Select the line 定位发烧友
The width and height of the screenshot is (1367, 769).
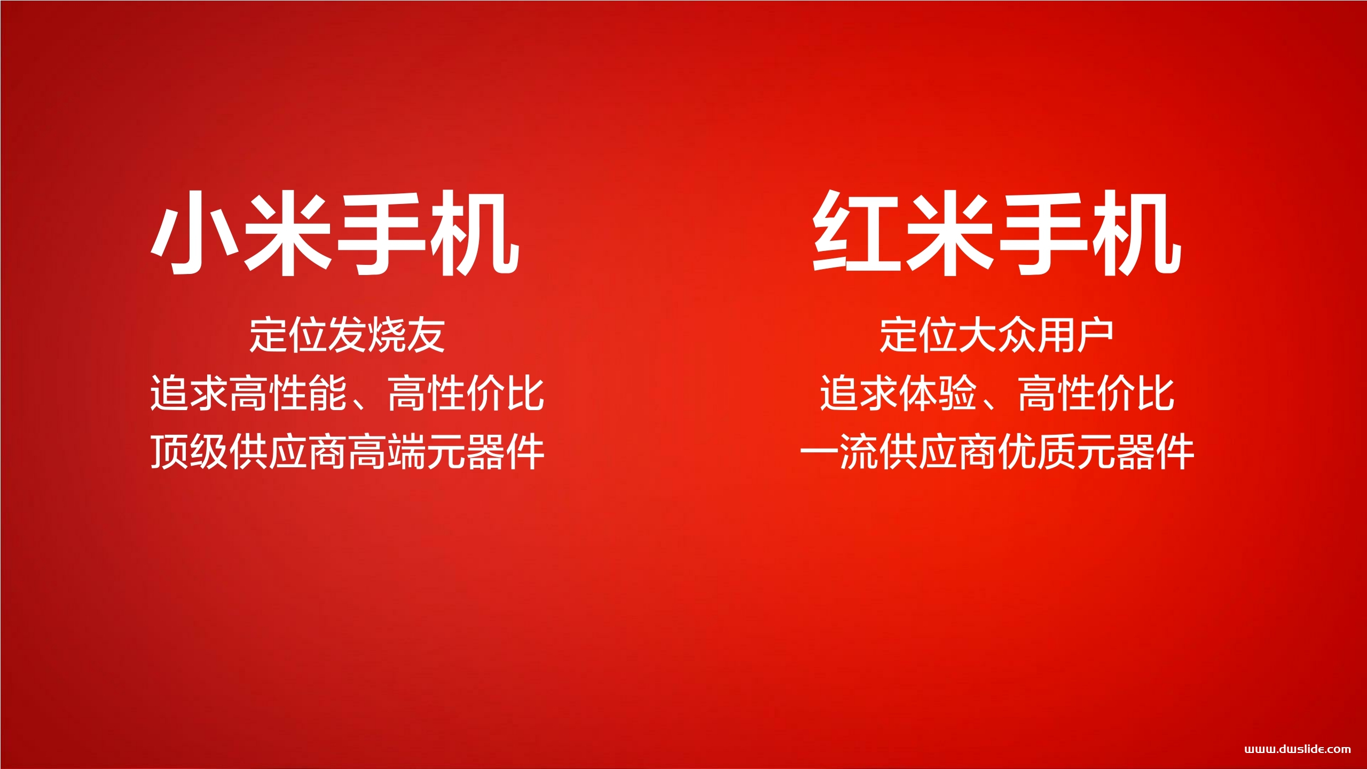[x=347, y=335]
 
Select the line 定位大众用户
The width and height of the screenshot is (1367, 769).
[x=996, y=335]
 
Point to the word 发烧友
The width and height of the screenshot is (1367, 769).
[x=387, y=335]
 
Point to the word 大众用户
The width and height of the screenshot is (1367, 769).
[x=1036, y=335]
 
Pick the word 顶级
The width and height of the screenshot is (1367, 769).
[x=190, y=452]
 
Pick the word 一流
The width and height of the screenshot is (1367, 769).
[x=839, y=452]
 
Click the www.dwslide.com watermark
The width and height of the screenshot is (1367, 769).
[x=1298, y=749]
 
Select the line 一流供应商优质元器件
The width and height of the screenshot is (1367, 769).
[x=996, y=452]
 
